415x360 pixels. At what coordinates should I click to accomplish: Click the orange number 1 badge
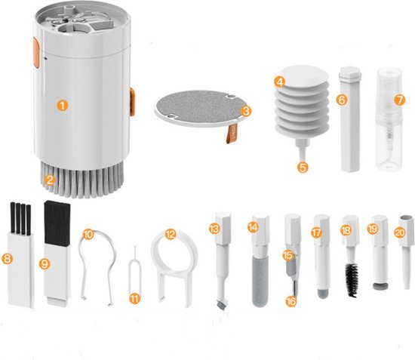coord(63,106)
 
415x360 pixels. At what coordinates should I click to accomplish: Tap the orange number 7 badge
coord(399,99)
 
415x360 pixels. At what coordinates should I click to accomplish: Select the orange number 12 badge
coord(170,235)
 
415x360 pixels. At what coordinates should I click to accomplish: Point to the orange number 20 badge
coord(399,232)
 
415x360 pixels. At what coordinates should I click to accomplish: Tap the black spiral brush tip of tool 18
coord(351,279)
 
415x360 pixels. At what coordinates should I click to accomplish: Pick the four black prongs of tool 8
coord(20,217)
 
